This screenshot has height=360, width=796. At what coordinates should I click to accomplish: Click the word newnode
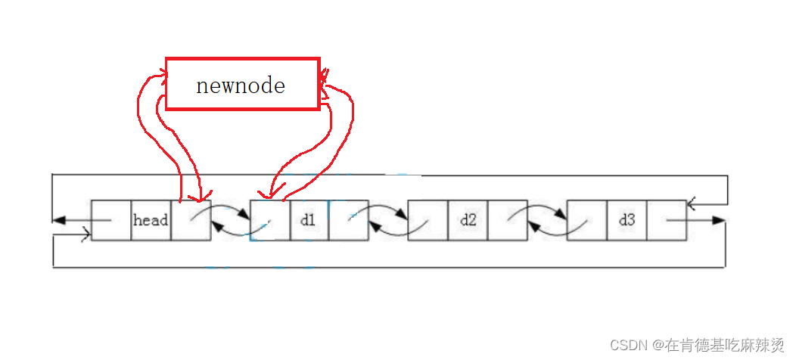coord(241,85)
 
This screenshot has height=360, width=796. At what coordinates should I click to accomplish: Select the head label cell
coord(151,221)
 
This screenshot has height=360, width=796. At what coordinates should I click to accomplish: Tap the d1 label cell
coord(309,221)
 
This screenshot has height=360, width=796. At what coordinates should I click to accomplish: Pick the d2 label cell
coord(468,221)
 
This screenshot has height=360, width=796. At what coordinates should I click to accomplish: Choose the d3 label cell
coord(627,221)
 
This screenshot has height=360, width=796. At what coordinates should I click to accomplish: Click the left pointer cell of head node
coord(111,221)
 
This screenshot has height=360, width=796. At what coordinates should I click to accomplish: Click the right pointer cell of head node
coord(191,221)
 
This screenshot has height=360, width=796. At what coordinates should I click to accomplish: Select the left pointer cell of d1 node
coord(270,221)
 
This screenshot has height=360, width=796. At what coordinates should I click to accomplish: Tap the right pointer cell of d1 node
coord(348,221)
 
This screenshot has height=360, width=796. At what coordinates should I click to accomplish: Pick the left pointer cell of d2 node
coord(428,221)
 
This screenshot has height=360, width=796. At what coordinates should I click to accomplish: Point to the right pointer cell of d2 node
coord(507,221)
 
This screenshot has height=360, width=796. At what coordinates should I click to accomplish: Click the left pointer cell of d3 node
coord(586,221)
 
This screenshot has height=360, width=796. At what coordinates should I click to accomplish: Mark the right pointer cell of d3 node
coord(666,221)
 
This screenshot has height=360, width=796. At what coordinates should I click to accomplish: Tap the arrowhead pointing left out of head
coord(58,221)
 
